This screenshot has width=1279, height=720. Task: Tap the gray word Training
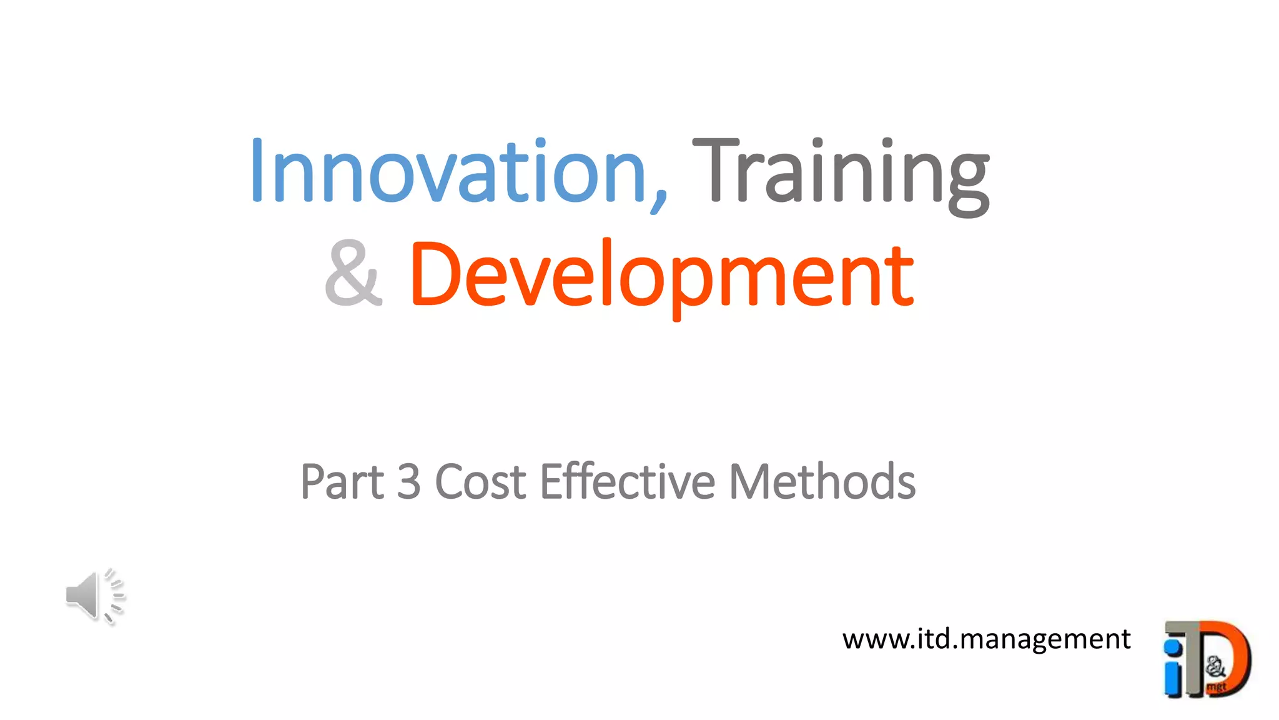841,172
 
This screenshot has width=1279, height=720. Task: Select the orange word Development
662,275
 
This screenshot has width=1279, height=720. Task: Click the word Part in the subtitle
342,482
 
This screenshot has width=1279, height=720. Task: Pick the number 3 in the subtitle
409,482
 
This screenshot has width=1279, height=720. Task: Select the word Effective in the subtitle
627,482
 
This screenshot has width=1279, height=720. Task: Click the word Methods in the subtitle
822,482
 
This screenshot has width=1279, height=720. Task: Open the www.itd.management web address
986,639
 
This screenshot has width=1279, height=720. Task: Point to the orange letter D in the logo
1233,656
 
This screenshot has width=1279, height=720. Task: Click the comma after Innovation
659,199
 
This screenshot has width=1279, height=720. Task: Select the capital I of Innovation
256,171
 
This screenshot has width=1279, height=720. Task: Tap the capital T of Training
715,171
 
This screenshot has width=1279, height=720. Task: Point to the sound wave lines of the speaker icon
115,595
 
